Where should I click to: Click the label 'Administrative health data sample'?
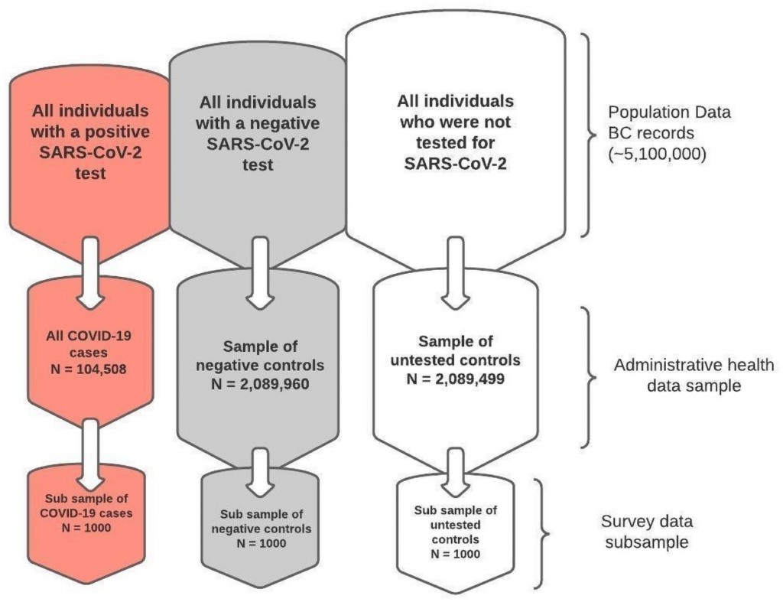(x=678, y=376)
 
